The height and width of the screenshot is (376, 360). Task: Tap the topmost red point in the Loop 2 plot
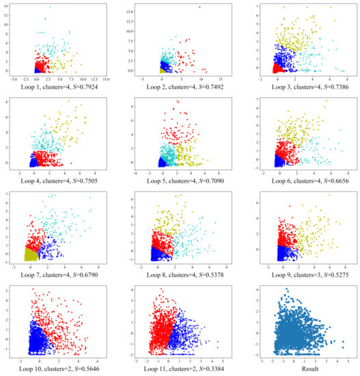click(200, 7)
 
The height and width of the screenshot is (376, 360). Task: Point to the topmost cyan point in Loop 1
click(50, 6)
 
